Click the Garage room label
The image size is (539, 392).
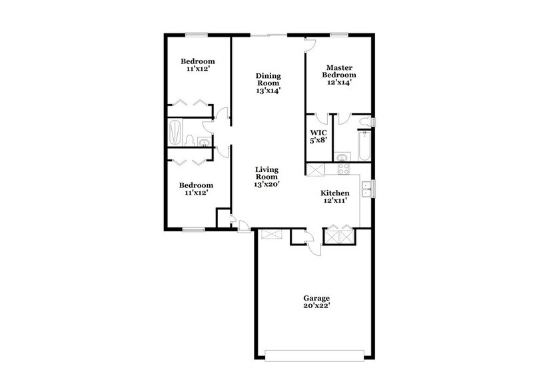tap(316, 298)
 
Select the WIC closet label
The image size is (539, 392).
tap(316, 132)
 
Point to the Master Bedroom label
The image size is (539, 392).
tap(339, 71)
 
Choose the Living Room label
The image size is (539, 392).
tap(266, 174)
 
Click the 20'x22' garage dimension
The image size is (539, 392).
tap(316, 307)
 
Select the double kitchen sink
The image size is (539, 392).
tap(365, 189)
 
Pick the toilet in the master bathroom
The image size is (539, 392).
tap(364, 121)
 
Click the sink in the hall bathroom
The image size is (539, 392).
tap(203, 141)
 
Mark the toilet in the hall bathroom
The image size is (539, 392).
tap(189, 140)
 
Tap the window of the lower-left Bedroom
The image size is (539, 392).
tap(193, 229)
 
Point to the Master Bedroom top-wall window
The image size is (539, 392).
tap(339, 34)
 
